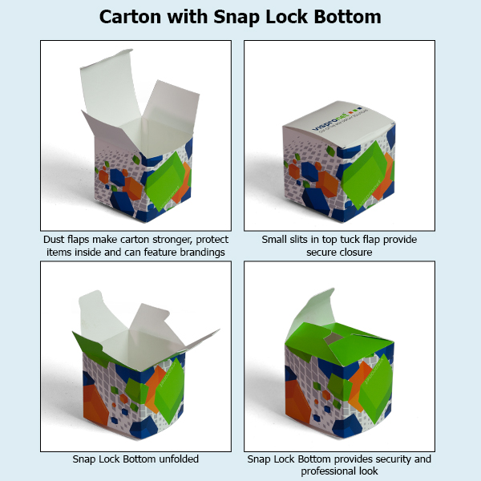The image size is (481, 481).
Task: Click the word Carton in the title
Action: point(131,17)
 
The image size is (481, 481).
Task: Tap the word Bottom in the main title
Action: point(344,17)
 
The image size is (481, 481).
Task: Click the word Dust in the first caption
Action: point(55,240)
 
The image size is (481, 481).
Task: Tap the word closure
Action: point(357,252)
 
